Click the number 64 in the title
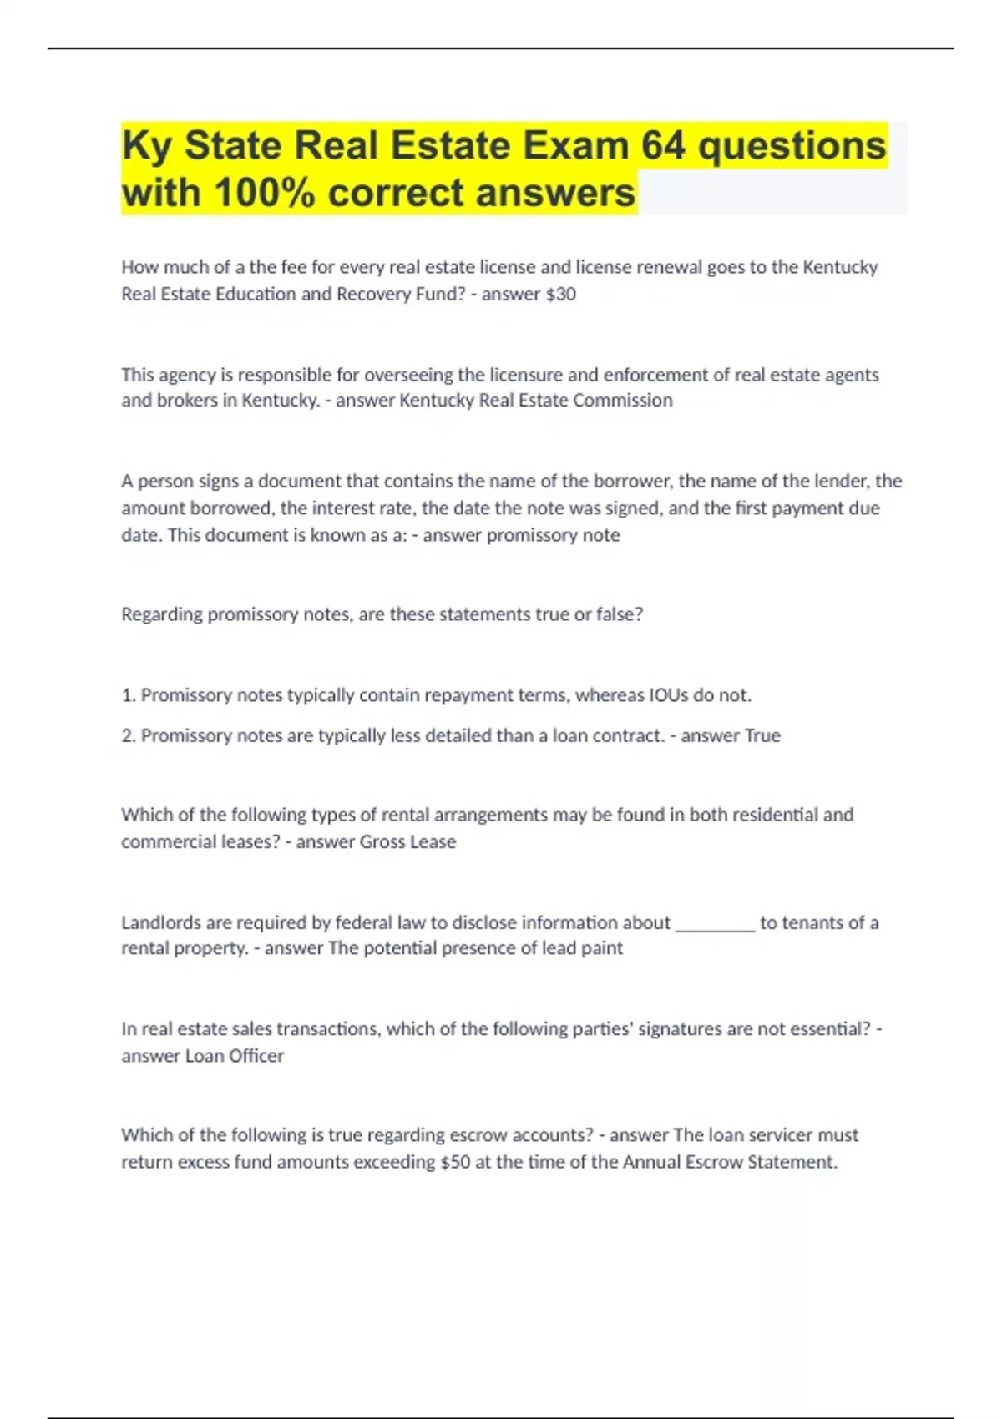pos(664,145)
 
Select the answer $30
pos(560,294)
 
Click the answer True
pos(762,735)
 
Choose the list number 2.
pos(129,735)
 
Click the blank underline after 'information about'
pos(715,923)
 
